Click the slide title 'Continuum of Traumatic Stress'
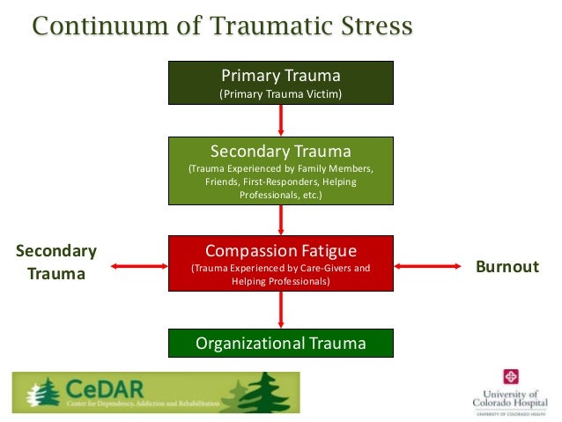tap(222, 26)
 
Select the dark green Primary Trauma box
tap(281, 83)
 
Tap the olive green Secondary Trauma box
tap(281, 170)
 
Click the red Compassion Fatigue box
tap(281, 263)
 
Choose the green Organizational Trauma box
tap(281, 343)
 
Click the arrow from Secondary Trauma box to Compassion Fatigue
tap(281, 219)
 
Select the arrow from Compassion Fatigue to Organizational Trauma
tap(281, 309)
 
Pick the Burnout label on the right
tap(507, 265)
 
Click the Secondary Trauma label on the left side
tap(56, 263)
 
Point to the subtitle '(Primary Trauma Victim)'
tap(281, 93)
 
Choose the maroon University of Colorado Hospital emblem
tap(510, 376)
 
